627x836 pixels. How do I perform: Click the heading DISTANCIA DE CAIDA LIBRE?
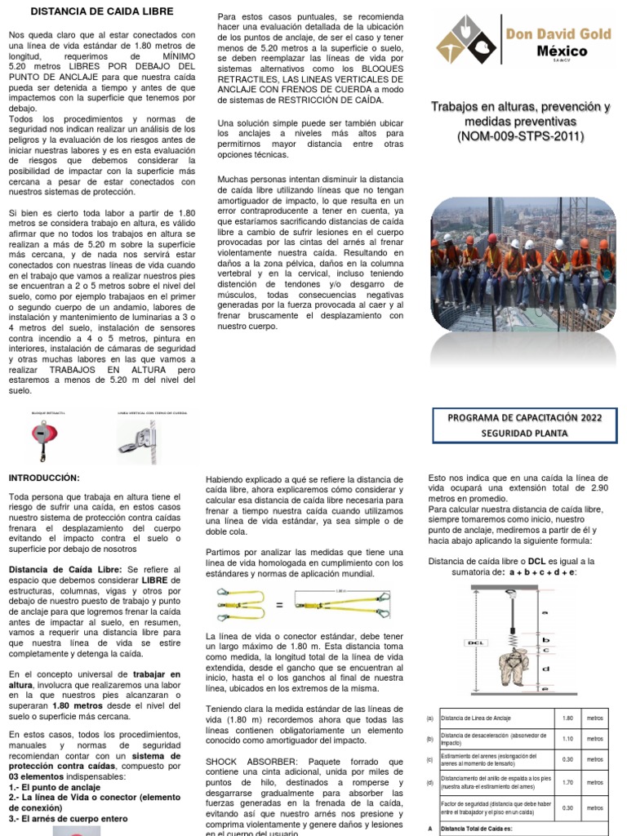click(x=101, y=11)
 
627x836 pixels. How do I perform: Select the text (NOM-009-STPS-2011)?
click(x=521, y=136)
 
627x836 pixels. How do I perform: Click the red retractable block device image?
click(x=38, y=439)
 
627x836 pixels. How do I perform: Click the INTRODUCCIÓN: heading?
click(x=44, y=478)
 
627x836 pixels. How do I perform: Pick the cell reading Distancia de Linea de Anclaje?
click(x=476, y=718)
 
